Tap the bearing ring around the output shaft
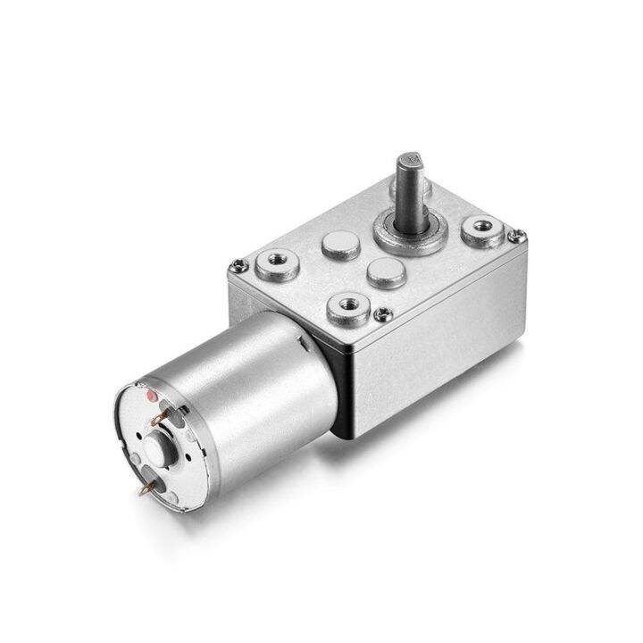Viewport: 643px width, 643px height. (x=410, y=234)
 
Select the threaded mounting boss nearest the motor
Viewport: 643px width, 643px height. (x=348, y=307)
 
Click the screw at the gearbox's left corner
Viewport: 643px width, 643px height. (x=237, y=265)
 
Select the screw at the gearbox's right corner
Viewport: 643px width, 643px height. (x=516, y=236)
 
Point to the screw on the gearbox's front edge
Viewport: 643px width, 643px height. (x=383, y=313)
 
